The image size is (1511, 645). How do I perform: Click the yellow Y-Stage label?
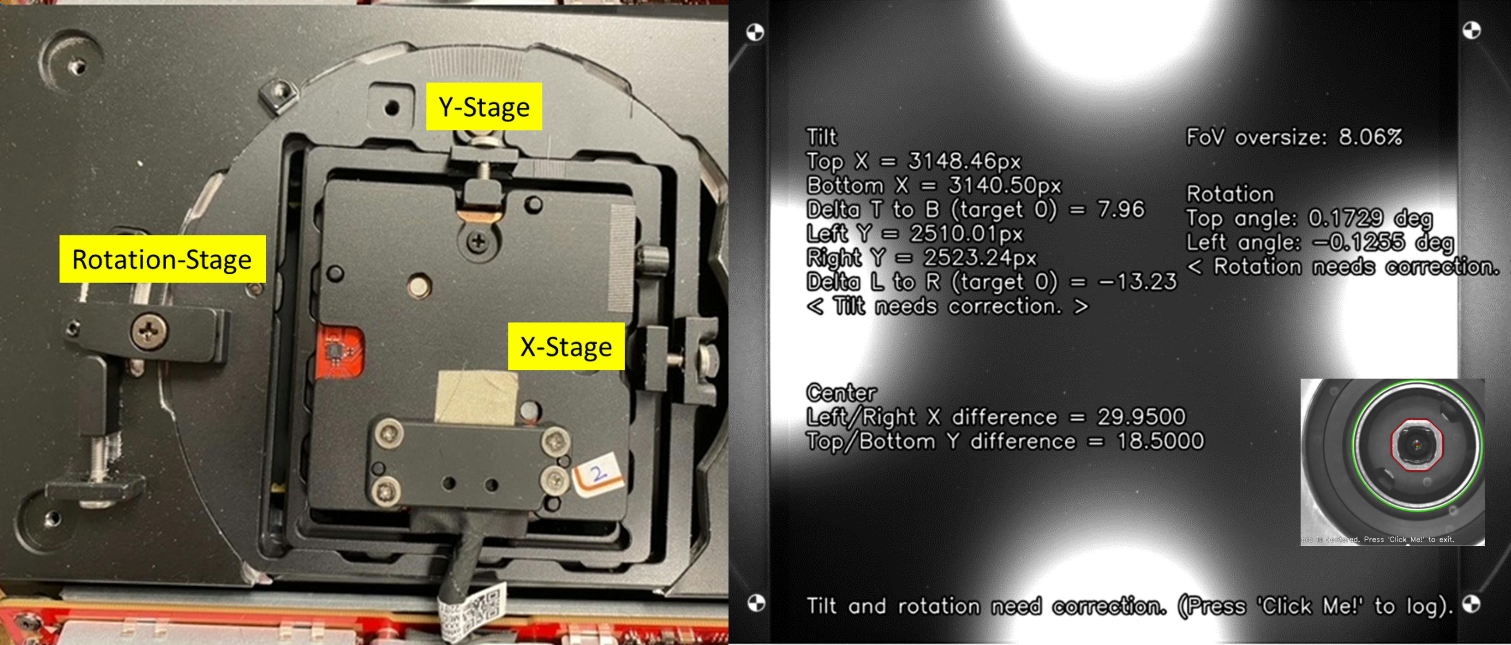click(484, 107)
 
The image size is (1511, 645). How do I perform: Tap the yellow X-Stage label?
click(566, 346)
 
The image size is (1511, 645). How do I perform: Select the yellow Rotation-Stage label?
click(162, 259)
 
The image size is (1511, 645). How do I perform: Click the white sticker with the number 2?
click(597, 474)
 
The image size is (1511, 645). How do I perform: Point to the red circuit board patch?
click(340, 353)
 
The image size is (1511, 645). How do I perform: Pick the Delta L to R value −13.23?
click(1138, 282)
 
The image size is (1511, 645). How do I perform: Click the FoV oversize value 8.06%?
click(1370, 137)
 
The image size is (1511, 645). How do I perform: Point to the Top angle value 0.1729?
click(1345, 218)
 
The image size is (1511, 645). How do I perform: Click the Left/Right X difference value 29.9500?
click(1141, 417)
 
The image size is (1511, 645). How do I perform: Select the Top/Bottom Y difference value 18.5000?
click(1159, 441)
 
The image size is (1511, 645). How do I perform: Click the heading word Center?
click(841, 392)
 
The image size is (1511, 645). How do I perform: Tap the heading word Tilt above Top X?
click(822, 137)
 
